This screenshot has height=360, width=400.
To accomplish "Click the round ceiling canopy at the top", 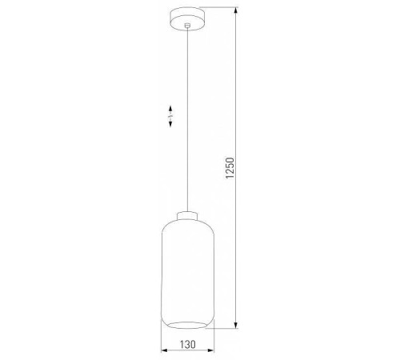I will pyautogui.click(x=186, y=15).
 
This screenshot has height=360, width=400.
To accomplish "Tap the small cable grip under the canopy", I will pyautogui.click(x=186, y=27).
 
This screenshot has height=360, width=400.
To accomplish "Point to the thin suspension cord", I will pyautogui.click(x=186, y=144).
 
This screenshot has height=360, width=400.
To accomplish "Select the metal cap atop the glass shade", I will pyautogui.click(x=186, y=214).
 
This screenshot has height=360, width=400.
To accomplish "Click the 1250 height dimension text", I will pyautogui.click(x=230, y=170).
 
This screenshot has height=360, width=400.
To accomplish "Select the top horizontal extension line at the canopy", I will pyautogui.click(x=224, y=9).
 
